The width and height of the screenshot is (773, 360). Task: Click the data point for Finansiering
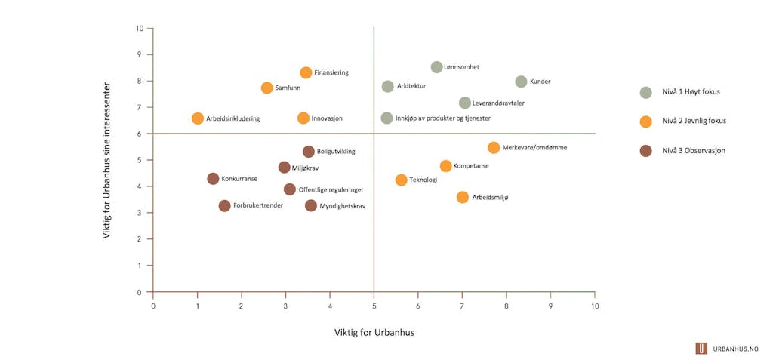306,73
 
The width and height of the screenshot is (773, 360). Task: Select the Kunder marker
521,82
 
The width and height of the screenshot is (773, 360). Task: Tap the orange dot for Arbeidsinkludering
198,118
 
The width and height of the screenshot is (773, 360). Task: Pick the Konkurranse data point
213,179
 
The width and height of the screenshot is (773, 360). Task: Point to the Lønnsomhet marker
436,67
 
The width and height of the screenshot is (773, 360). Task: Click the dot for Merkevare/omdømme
494,148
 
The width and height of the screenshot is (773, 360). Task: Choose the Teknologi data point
402,180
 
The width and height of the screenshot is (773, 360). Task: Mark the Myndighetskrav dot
311,205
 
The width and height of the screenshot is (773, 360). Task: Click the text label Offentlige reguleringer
331,190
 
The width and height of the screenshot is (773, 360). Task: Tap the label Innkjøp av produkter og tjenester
443,118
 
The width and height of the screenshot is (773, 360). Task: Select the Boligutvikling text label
336,152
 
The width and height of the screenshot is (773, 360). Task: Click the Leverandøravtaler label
498,103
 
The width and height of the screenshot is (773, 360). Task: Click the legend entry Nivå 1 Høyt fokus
691,93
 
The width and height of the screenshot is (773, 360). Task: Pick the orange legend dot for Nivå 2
645,122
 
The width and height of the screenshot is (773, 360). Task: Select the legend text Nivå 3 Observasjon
693,151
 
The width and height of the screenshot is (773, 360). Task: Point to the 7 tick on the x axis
462,306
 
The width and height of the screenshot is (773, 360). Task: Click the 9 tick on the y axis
140,54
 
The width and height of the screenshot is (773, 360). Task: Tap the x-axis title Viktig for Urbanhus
374,332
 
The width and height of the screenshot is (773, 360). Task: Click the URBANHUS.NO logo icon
701,348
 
